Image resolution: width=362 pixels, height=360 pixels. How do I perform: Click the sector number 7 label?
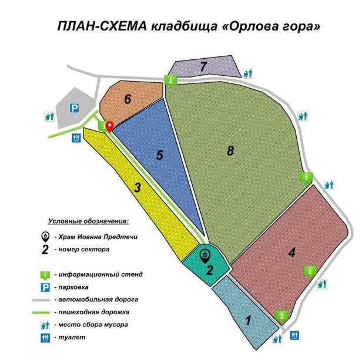click(x=203, y=66)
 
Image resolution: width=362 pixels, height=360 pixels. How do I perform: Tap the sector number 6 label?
click(x=127, y=99)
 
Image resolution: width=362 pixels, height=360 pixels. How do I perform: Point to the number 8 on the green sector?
click(x=230, y=151)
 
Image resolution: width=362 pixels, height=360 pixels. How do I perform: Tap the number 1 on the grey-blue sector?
click(x=248, y=321)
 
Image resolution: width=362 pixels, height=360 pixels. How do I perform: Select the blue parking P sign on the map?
click(x=74, y=108)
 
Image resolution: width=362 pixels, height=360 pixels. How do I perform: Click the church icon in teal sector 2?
click(x=205, y=255)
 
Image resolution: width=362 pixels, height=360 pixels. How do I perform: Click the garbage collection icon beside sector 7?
click(x=249, y=73)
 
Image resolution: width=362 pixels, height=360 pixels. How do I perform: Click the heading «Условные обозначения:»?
click(x=88, y=221)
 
